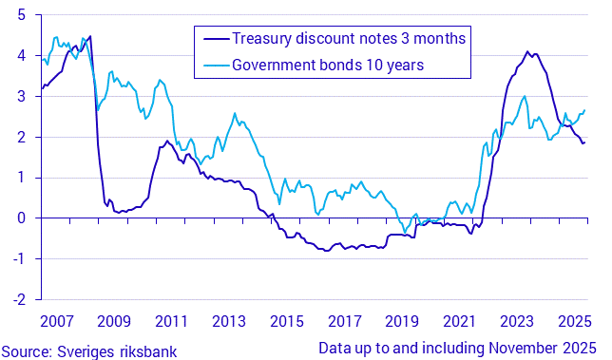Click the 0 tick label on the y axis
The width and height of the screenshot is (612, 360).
click(x=22, y=218)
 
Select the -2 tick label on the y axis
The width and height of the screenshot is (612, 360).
click(x=18, y=298)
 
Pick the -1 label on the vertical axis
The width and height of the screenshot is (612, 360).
click(x=18, y=258)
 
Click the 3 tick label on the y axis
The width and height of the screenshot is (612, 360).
click(x=22, y=97)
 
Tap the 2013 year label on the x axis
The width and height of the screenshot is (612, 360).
click(x=229, y=321)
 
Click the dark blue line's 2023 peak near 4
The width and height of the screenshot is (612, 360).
click(x=527, y=51)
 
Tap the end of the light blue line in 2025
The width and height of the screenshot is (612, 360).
click(x=584, y=109)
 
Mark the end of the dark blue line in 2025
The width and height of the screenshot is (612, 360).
click(x=584, y=142)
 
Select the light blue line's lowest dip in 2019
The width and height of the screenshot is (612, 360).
click(x=405, y=233)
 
